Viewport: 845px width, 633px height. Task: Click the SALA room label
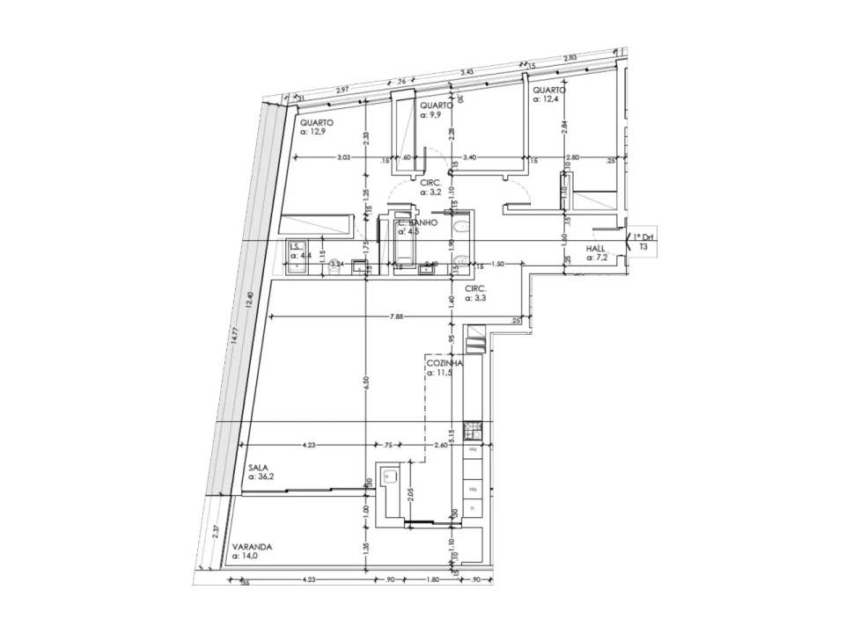[x=258, y=469]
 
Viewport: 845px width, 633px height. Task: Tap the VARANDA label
[x=253, y=546]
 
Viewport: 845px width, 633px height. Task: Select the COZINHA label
[x=445, y=362]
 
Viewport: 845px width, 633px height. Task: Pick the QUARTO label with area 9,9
[x=437, y=105]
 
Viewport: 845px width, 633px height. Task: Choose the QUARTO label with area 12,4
[x=548, y=90]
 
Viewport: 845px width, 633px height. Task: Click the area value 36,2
[x=261, y=477]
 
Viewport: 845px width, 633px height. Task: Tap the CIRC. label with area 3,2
[x=430, y=182]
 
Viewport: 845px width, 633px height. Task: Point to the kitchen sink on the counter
[x=390, y=478]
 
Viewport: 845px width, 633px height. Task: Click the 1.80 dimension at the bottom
[x=433, y=579]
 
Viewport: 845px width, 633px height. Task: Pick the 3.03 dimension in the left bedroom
[x=343, y=157]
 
